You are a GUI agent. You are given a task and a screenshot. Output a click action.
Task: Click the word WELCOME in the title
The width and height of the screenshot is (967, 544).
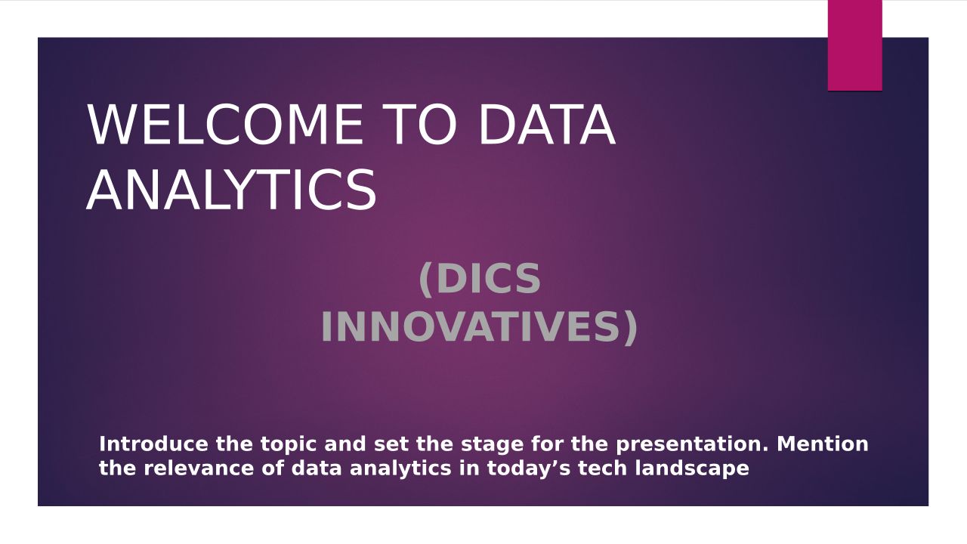225,125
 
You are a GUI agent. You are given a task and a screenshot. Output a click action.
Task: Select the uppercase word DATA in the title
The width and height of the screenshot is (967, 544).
546,125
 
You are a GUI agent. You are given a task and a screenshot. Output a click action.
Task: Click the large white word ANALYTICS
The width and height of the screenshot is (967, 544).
231,190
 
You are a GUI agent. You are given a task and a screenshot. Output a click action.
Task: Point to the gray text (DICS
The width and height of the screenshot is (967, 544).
480,279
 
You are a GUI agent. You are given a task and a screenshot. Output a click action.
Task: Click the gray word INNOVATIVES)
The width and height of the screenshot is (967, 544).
479,327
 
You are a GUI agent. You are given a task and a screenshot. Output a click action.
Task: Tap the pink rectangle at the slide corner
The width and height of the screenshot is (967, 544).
854,45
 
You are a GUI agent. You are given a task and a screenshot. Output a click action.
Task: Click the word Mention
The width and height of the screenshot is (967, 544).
823,444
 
